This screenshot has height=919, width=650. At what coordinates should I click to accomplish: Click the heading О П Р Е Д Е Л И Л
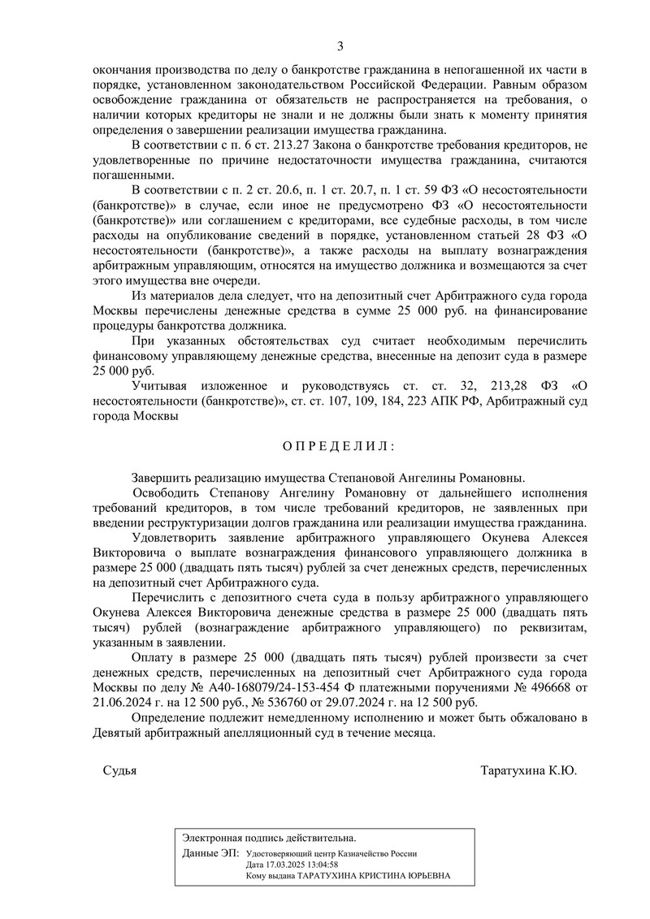point(339,446)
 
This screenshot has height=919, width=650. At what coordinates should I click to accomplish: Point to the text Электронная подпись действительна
point(269,837)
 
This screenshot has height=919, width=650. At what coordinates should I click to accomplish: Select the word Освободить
point(171,495)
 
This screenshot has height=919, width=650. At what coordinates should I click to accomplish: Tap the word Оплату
point(154,660)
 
